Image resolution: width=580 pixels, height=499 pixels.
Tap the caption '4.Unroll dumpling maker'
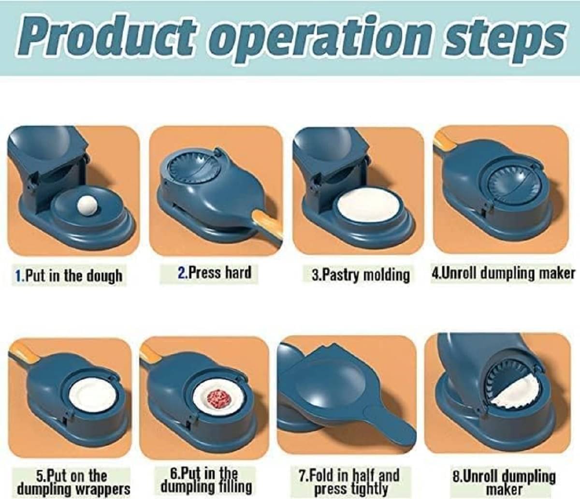click(x=503, y=274)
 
